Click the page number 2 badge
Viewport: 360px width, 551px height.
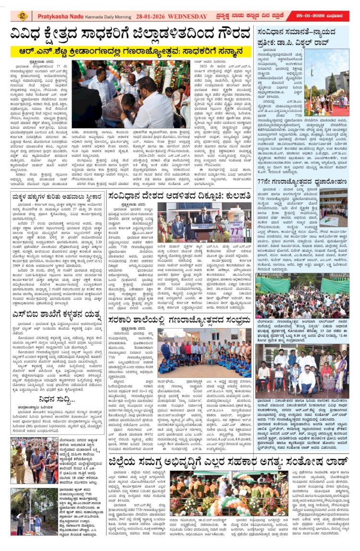(x=22, y=16)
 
